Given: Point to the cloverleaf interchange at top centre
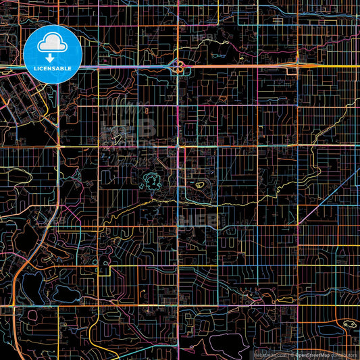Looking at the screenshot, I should coord(179,66).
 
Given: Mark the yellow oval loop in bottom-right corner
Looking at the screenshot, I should coord(349,325).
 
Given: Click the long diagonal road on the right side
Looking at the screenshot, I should coord(324,196).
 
